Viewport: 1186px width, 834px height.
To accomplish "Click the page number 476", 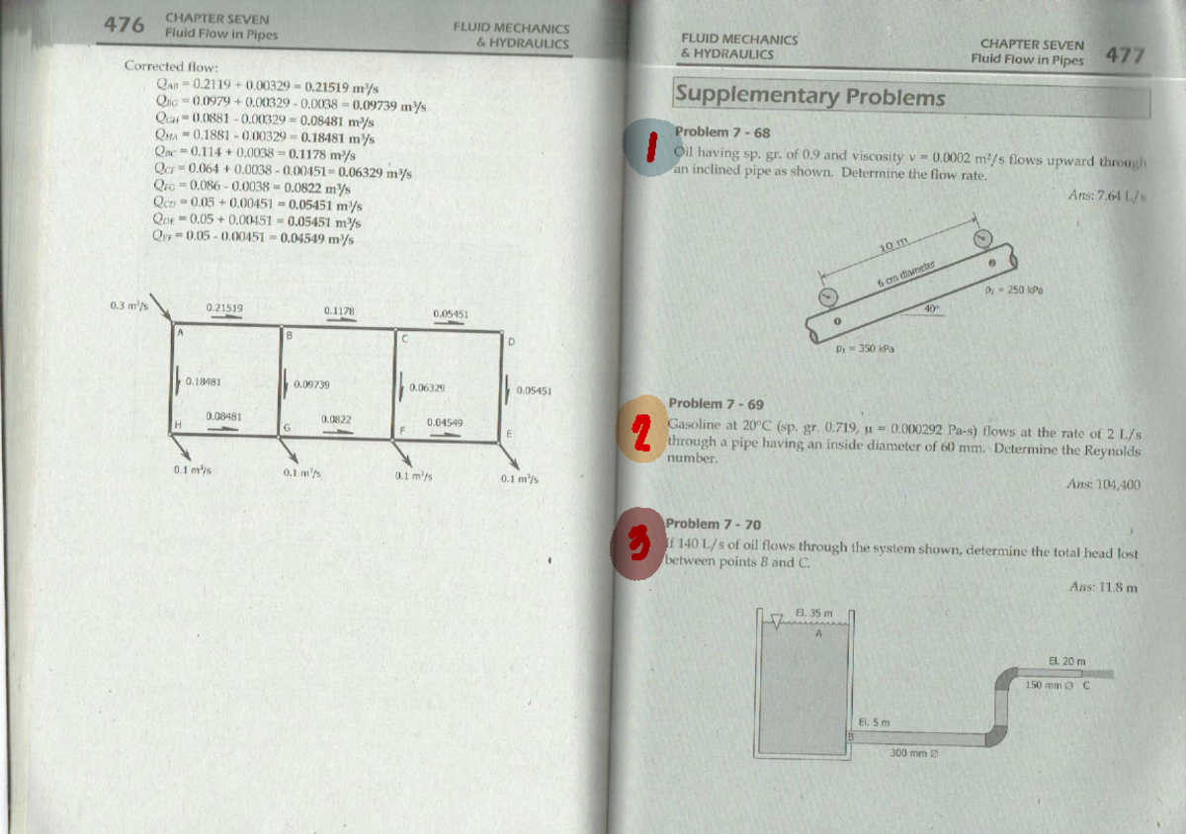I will click(125, 25).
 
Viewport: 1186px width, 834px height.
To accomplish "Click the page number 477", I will click(1124, 55).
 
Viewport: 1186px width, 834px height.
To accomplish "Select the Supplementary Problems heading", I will click(809, 96).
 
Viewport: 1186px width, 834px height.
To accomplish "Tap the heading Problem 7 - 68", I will click(721, 132).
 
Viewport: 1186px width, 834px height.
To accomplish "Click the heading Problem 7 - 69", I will click(716, 404).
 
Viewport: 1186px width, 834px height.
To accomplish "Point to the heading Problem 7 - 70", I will click(714, 524).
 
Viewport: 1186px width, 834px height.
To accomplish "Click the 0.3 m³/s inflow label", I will click(128, 305).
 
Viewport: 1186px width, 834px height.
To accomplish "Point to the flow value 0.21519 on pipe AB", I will click(224, 308).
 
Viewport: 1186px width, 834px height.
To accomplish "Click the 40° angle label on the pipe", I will click(929, 309).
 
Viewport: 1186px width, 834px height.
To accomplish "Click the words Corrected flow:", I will click(163, 66).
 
